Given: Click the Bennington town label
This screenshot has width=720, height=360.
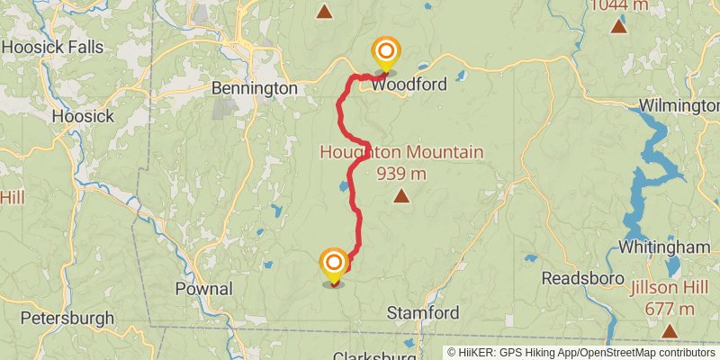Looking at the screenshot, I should pyautogui.click(x=254, y=88).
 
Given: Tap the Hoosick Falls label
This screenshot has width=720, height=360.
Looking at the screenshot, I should pyautogui.click(x=52, y=47).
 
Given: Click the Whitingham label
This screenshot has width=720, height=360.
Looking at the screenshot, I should pyautogui.click(x=665, y=247).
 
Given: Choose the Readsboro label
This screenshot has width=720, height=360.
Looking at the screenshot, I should pyautogui.click(x=577, y=278).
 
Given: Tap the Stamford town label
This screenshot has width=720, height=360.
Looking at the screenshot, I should pyautogui.click(x=423, y=312).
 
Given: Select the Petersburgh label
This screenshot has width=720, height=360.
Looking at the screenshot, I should pyautogui.click(x=67, y=318).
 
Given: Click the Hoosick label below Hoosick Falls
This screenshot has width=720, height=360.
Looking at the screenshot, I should pyautogui.click(x=83, y=116).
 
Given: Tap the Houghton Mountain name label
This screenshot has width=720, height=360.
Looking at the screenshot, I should pyautogui.click(x=401, y=153).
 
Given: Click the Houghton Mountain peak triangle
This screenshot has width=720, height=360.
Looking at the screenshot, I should pyautogui.click(x=401, y=194).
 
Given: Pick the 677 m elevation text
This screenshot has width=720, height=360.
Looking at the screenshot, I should pyautogui.click(x=670, y=309).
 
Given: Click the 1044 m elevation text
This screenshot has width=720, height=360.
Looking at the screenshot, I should pyautogui.click(x=619, y=5).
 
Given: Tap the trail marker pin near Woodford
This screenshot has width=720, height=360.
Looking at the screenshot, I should pyautogui.click(x=385, y=54).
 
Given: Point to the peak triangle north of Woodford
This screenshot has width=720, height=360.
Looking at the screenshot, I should pyautogui.click(x=324, y=12).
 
